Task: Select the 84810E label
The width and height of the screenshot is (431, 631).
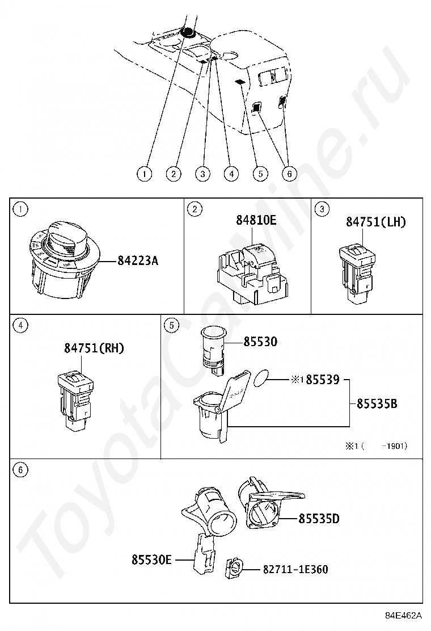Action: click(256, 220)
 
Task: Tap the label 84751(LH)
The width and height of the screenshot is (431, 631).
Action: click(376, 222)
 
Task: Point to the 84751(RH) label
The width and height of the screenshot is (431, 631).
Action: click(94, 348)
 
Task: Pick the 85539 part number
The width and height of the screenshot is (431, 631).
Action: click(322, 380)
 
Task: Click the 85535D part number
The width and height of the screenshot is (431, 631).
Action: click(319, 518)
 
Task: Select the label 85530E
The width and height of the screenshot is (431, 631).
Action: click(151, 560)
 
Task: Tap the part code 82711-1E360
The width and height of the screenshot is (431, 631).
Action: click(295, 569)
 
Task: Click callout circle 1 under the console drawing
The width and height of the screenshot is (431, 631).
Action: click(145, 174)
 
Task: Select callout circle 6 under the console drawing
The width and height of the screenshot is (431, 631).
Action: click(289, 174)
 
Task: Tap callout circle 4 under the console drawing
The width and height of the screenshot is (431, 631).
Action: click(231, 174)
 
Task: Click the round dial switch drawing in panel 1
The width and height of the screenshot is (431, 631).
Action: click(62, 258)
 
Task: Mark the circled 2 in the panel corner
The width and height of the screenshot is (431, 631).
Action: click(195, 209)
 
